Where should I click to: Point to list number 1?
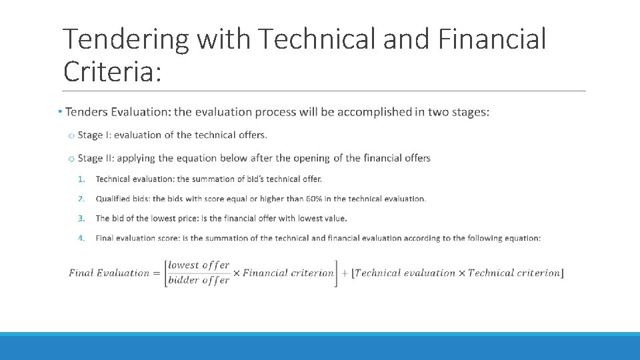(81, 179)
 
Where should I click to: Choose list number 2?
(81, 199)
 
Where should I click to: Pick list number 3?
(81, 218)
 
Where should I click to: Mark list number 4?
(81, 238)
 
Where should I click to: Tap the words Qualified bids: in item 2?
(123, 199)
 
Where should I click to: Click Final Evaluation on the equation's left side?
(109, 273)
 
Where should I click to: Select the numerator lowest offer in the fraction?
(199, 265)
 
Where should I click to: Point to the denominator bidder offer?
(199, 281)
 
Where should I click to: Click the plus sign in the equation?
(345, 273)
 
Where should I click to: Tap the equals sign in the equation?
(157, 273)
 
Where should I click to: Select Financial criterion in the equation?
(288, 273)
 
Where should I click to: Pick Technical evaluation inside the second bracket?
(405, 273)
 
